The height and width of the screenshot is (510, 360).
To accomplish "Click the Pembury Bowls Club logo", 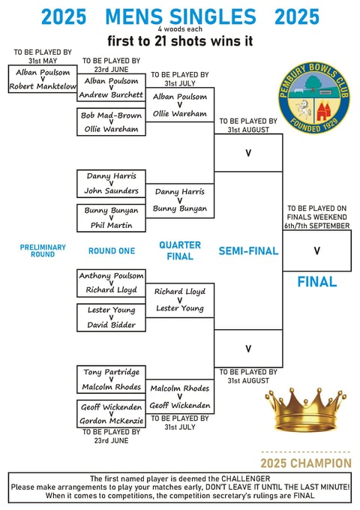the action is (313, 97).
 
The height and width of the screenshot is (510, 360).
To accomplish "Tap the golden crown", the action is (305, 409).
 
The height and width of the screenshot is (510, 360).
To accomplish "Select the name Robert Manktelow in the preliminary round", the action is (43, 86).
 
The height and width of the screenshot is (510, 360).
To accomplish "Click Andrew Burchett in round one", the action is (111, 94).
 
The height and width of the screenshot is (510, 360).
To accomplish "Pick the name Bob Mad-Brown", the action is (111, 115).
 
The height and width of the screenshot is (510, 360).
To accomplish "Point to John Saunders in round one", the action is (111, 190).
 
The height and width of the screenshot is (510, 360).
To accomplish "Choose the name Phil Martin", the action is (111, 225).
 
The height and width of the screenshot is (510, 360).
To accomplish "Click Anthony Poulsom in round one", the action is (111, 275).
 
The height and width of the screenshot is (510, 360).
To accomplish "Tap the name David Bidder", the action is (111, 325).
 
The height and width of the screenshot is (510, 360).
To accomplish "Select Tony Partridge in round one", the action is (111, 372).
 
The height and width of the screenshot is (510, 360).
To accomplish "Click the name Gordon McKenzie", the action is (111, 421).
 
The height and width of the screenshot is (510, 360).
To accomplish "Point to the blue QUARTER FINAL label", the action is (180, 250).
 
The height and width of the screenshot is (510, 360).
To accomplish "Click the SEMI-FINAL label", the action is (248, 250).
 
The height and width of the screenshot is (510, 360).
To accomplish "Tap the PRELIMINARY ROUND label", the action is (43, 250).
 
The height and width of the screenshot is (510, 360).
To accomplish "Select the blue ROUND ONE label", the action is (112, 250).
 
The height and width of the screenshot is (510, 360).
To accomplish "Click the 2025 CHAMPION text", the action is (306, 463).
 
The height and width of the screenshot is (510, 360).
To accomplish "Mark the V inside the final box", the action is (316, 250).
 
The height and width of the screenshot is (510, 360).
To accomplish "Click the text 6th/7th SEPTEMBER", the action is (317, 226).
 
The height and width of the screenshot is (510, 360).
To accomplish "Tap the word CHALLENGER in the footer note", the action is (245, 478).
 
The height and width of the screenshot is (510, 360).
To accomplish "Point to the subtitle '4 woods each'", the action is (180, 29).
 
